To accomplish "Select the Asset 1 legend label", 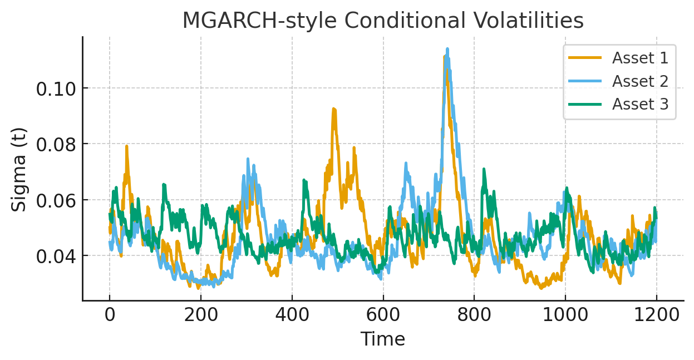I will pyautogui.click(x=640, y=58).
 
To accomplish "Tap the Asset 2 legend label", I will pyautogui.click(x=640, y=81).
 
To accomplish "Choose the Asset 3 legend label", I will pyautogui.click(x=640, y=104).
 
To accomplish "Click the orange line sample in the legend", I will pyautogui.click(x=585, y=57).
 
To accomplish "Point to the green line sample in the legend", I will pyautogui.click(x=585, y=104).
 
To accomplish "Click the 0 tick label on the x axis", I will pyautogui.click(x=110, y=315).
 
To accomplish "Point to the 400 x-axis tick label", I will pyautogui.click(x=292, y=315).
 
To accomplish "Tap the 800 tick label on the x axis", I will pyautogui.click(x=474, y=315).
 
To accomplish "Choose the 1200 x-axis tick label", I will pyautogui.click(x=656, y=315).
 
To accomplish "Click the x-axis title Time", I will pyautogui.click(x=382, y=339).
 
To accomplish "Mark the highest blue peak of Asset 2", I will pyautogui.click(x=447, y=50).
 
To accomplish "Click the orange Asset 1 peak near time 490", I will pyautogui.click(x=333, y=109).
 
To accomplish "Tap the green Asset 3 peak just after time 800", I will pyautogui.click(x=484, y=169).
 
